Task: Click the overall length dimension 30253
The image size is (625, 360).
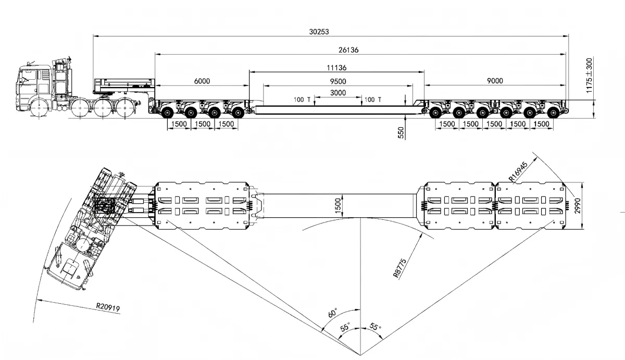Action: pyautogui.click(x=319, y=31)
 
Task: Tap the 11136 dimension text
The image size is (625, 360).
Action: pyautogui.click(x=336, y=68)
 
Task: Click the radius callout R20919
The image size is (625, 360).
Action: pyautogui.click(x=108, y=308)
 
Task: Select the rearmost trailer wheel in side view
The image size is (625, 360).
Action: pyautogui.click(x=554, y=111)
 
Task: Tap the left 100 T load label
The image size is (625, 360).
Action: pyautogui.click(x=302, y=99)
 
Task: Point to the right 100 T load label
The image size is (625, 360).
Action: pyautogui.click(x=373, y=99)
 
